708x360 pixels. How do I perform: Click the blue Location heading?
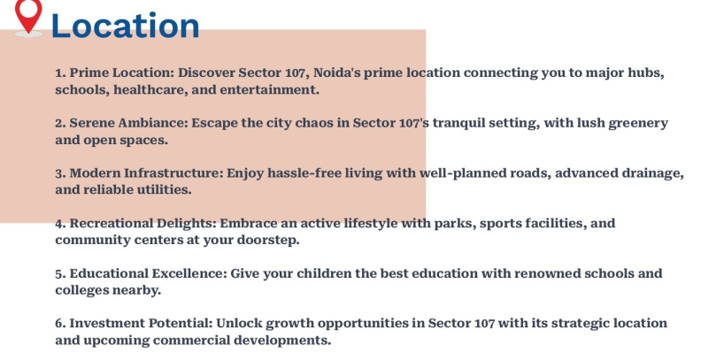click(x=125, y=26)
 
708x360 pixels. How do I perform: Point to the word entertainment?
click(x=270, y=89)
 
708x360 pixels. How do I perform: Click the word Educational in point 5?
click(x=109, y=273)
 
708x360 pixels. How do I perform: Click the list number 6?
click(x=60, y=324)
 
